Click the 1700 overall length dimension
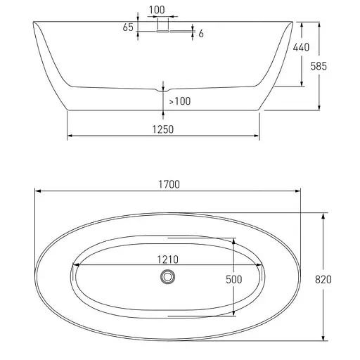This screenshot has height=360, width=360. (169, 184)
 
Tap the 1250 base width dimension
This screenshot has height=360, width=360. (163, 129)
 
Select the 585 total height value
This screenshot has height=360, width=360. (319, 66)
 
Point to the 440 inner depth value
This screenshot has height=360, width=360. (301, 47)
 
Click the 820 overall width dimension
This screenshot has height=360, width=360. (323, 279)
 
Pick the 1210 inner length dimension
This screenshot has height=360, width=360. (167, 259)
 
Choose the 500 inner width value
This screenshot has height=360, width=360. (234, 279)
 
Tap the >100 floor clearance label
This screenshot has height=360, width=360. (180, 101)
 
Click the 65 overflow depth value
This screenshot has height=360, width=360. (128, 27)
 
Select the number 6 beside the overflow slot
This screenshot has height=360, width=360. (201, 34)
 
